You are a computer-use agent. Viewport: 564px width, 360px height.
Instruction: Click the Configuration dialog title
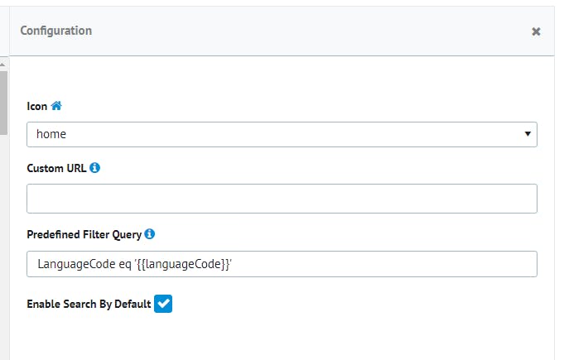(55, 31)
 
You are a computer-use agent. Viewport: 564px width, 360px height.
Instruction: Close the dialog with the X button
(536, 31)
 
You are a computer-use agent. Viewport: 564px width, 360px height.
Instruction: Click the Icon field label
(36, 106)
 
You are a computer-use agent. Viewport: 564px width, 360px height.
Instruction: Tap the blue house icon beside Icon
(56, 106)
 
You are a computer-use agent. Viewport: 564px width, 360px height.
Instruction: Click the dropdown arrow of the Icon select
(528, 134)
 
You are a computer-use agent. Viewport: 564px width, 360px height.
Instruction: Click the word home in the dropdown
(51, 134)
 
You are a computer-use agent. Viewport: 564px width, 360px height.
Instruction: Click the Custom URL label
(56, 168)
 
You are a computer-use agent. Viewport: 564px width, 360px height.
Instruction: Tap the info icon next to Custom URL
(95, 168)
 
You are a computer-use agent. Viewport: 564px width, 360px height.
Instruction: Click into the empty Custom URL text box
(282, 199)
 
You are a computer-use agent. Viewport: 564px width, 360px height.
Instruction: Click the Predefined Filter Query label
(84, 234)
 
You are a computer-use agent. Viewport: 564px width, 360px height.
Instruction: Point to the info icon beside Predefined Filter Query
(150, 234)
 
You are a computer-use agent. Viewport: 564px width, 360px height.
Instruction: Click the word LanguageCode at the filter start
(73, 264)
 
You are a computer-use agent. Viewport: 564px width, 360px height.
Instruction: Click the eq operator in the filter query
(120, 264)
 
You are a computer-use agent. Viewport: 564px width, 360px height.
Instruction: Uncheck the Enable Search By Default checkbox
(163, 304)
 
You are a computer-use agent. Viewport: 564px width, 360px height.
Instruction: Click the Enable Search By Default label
(89, 304)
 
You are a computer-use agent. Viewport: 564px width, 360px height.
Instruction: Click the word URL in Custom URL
(75, 168)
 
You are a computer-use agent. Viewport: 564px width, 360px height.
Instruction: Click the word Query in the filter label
(124, 234)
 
